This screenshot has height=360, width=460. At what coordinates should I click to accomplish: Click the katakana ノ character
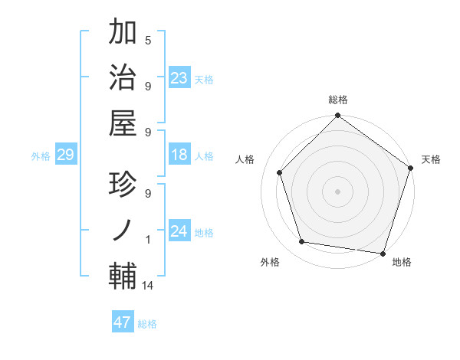tap(122, 230)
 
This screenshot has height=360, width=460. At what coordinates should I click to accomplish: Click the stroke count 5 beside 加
tap(148, 41)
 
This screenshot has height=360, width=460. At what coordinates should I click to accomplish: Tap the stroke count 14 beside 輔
tap(148, 286)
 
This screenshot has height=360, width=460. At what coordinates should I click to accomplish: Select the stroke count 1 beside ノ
tap(148, 240)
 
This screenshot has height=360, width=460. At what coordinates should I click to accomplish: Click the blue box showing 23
tap(179, 78)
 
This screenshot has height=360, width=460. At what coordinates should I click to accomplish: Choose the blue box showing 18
tap(179, 155)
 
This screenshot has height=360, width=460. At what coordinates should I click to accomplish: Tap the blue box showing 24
tap(179, 231)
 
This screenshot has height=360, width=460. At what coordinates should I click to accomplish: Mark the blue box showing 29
tap(65, 155)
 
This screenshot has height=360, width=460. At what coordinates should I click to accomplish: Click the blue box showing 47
tap(123, 322)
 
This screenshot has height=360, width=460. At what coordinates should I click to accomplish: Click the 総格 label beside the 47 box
tap(147, 324)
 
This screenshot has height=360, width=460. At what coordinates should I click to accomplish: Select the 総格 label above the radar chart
tap(338, 100)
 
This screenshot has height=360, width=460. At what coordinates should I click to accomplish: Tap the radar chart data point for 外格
tap(302, 242)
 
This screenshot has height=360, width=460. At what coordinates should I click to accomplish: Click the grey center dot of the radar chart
tap(338, 191)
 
